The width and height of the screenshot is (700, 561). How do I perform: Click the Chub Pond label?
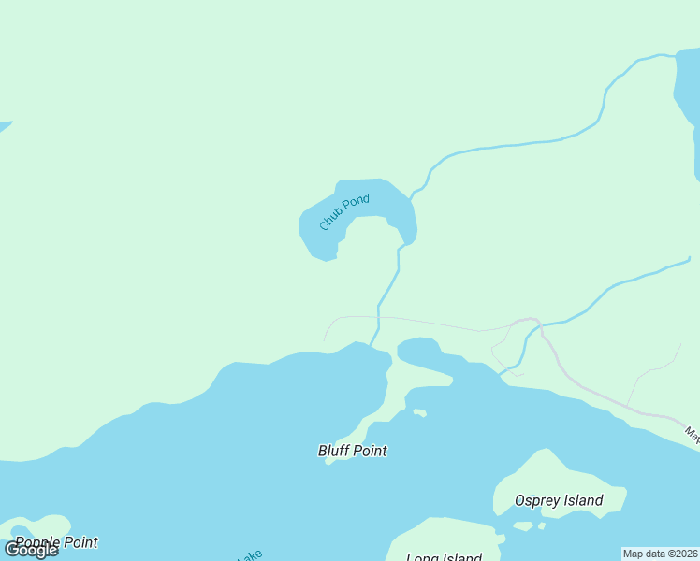click(x=344, y=212)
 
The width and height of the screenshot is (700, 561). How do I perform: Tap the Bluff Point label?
click(x=353, y=451)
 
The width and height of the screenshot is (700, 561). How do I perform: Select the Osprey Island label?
click(x=559, y=500)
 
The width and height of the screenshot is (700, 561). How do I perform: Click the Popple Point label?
click(x=56, y=542)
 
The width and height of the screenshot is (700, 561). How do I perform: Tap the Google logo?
click(x=31, y=550)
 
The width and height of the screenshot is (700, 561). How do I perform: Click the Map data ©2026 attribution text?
click(x=661, y=554)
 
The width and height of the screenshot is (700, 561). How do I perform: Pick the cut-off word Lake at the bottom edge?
click(x=249, y=555)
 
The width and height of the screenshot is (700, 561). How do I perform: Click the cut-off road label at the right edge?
click(x=692, y=434)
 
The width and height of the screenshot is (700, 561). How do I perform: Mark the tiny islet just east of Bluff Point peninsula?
click(x=419, y=412)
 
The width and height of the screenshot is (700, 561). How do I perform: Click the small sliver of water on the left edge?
click(x=5, y=126)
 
